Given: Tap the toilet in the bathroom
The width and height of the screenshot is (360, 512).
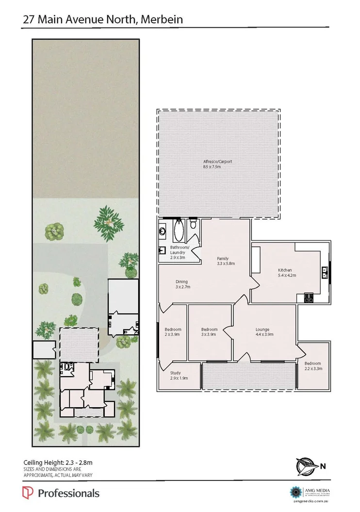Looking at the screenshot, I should pyautogui.click(x=193, y=224).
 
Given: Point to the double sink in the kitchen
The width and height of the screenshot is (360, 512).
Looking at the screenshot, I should pyautogui.click(x=325, y=274).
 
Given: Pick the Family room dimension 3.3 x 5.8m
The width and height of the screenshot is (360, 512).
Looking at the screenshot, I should pyautogui.click(x=226, y=264).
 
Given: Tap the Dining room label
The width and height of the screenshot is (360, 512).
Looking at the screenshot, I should pyautogui.click(x=182, y=281).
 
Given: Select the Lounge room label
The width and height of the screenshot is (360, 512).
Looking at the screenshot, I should pyautogui.click(x=262, y=330).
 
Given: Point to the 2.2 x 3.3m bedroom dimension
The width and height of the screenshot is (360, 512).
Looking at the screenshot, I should pyautogui.click(x=313, y=369).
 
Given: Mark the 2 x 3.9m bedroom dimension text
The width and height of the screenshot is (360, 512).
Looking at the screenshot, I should pyautogui.click(x=173, y=334).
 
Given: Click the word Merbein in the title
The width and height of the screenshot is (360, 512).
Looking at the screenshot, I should pyautogui.click(x=159, y=19).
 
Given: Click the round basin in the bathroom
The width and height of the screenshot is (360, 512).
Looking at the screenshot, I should pyautogui.click(x=162, y=231).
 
